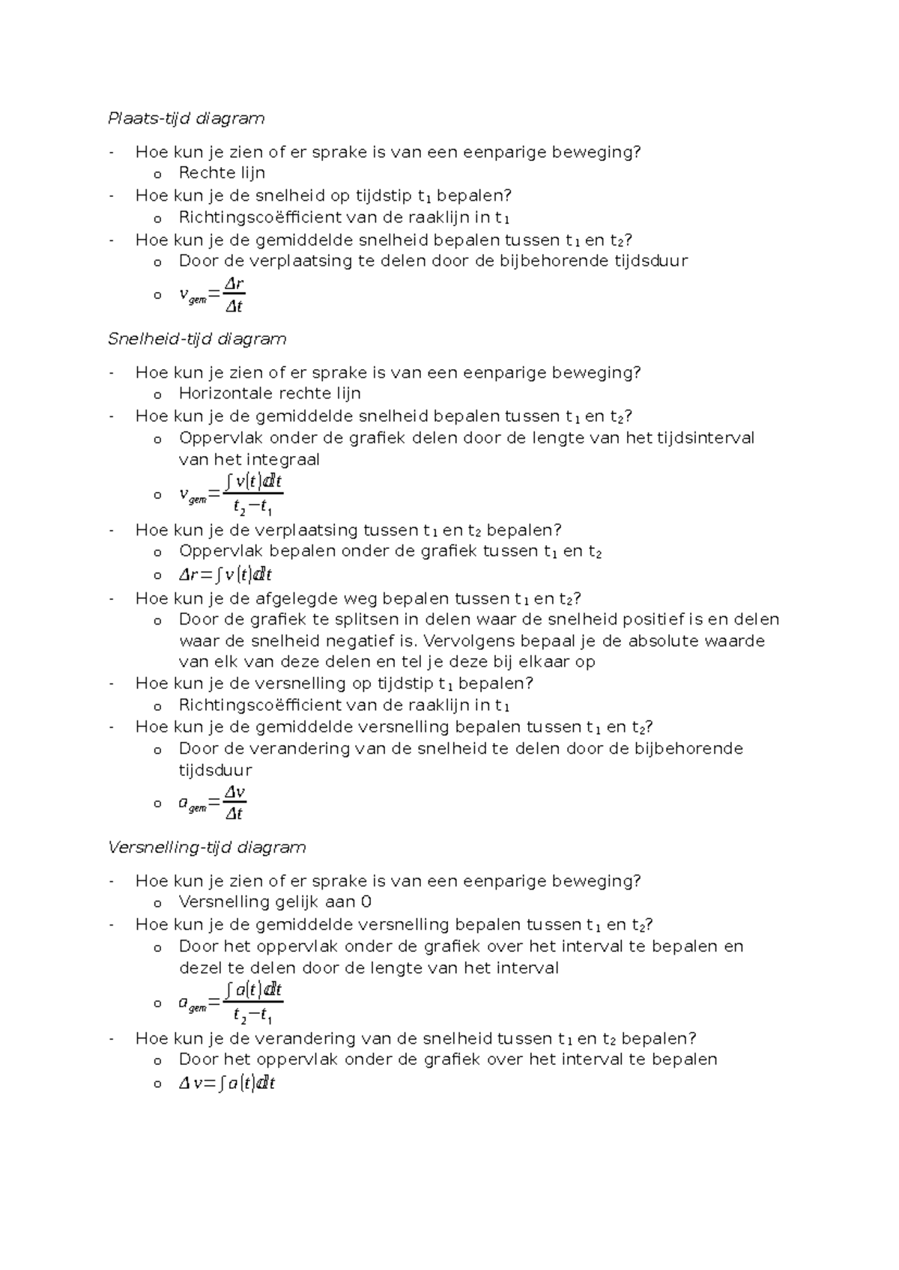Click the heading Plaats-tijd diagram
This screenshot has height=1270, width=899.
(186, 118)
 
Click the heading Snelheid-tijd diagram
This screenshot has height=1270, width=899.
(197, 338)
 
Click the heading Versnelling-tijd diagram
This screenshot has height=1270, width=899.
(207, 847)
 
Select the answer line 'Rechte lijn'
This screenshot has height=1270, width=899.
(222, 173)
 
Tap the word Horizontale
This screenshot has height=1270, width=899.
(225, 393)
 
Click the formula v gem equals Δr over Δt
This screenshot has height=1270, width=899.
(213, 295)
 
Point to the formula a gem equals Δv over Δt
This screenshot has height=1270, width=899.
(213, 803)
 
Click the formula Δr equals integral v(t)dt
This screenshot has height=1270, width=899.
(225, 575)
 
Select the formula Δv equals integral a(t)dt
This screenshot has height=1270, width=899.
(227, 1083)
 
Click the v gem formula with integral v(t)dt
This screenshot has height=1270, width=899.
(231, 494)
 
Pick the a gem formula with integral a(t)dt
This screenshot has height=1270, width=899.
(231, 1003)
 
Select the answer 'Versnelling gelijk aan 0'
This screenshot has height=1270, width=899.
(275, 902)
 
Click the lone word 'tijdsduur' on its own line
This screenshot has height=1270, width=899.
(215, 770)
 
